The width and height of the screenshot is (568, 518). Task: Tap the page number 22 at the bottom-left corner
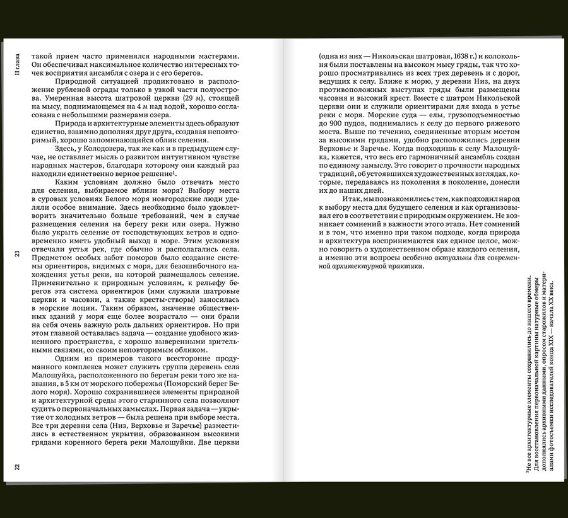click(x=18, y=467)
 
